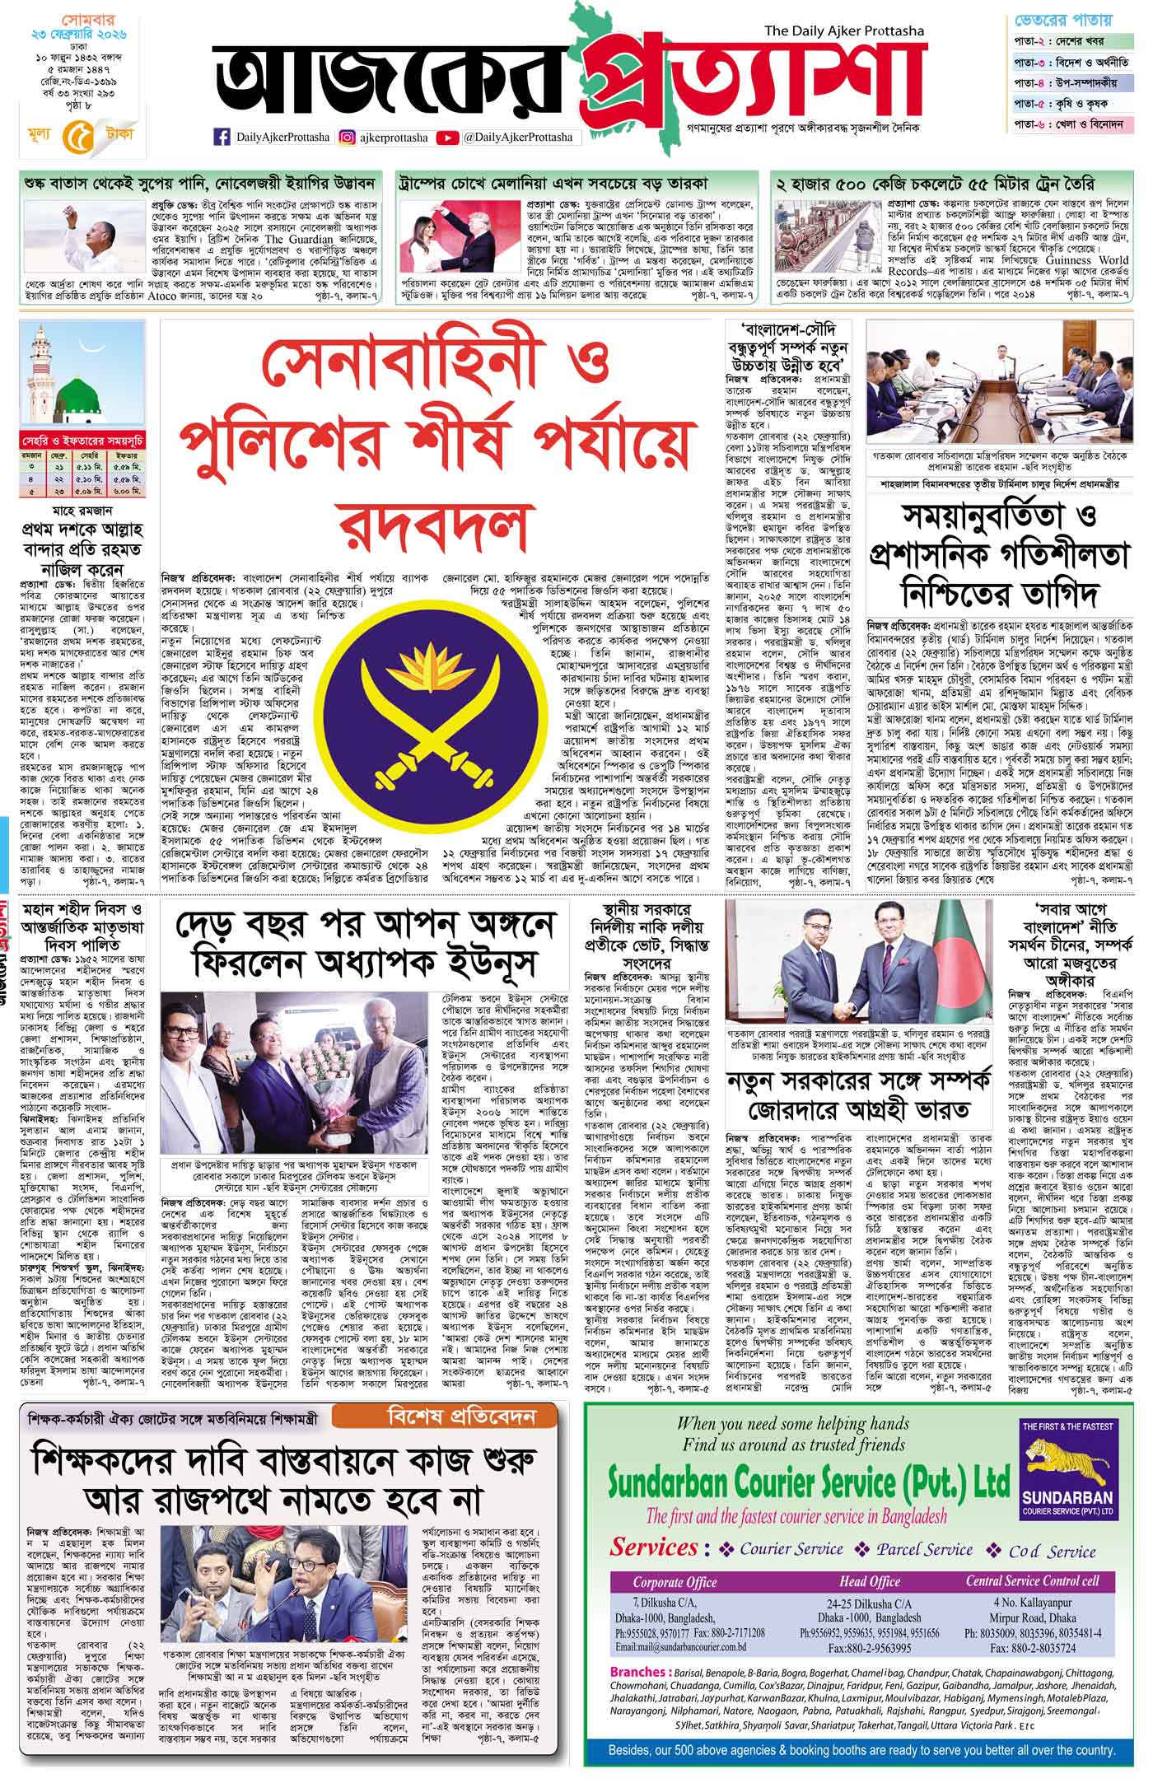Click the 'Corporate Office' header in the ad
pyautogui.click(x=675, y=1581)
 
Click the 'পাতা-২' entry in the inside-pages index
pyautogui.click(x=1029, y=40)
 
